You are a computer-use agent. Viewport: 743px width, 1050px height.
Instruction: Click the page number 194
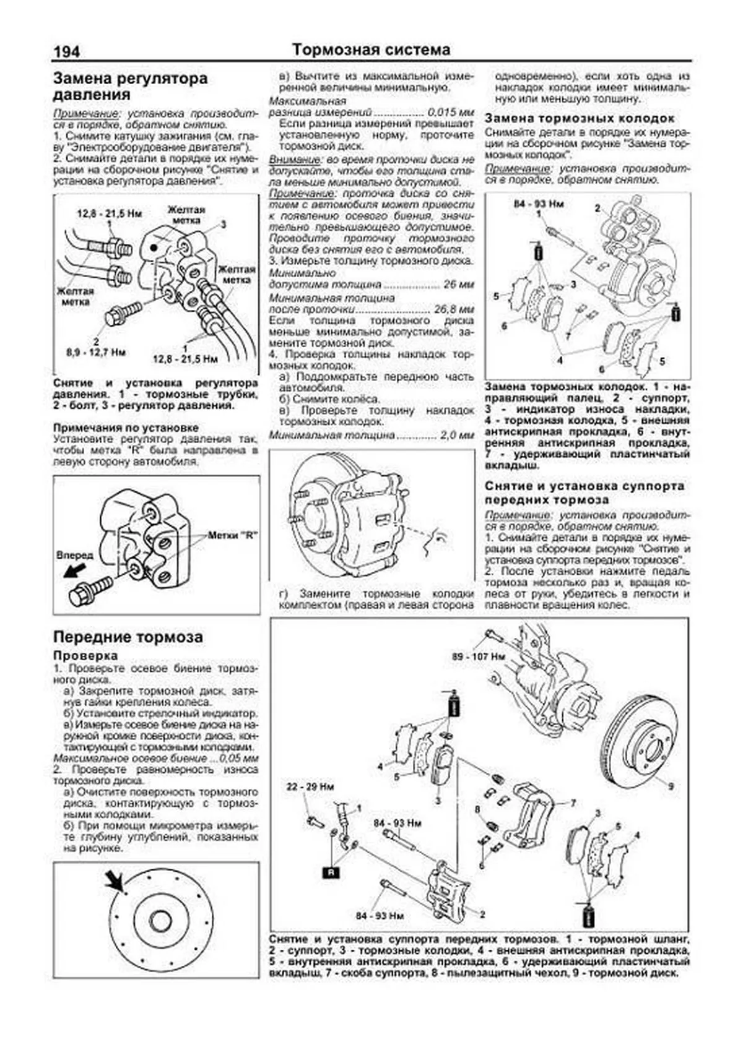(x=66, y=51)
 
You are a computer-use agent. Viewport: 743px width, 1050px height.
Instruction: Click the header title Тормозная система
(x=371, y=49)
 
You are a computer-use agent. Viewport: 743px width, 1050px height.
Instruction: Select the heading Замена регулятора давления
(x=130, y=87)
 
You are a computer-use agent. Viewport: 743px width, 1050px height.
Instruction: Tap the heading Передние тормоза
(x=128, y=637)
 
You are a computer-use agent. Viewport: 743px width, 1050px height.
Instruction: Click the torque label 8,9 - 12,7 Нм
(x=96, y=352)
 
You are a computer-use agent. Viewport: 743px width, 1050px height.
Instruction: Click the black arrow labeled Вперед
(x=74, y=570)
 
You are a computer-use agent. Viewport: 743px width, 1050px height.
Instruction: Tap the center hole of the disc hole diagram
(x=160, y=921)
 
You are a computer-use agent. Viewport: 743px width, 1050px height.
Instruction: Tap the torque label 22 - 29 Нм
(x=310, y=787)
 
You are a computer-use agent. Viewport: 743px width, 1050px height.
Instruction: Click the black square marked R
(x=331, y=873)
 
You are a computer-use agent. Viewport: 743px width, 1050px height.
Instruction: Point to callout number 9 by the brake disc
(x=671, y=786)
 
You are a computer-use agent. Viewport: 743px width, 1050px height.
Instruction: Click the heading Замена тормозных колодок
(x=579, y=118)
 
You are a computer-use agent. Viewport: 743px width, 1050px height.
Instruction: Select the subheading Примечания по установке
(x=126, y=428)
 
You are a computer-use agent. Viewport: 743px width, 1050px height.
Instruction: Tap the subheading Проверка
(x=85, y=655)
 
